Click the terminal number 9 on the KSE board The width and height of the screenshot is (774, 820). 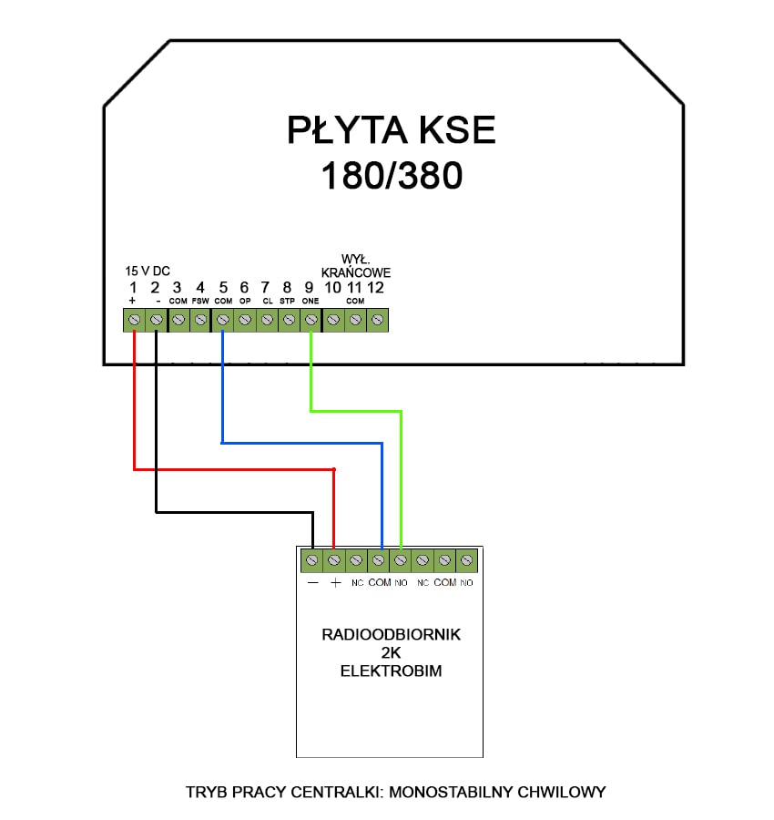(x=310, y=287)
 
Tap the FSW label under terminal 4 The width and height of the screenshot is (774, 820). (x=200, y=301)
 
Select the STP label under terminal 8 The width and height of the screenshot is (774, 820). (x=288, y=301)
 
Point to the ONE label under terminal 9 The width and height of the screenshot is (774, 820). (x=311, y=301)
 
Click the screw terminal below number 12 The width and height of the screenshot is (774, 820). (x=377, y=320)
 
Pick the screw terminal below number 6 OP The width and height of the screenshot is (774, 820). (x=245, y=320)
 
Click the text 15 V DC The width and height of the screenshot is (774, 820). (x=148, y=272)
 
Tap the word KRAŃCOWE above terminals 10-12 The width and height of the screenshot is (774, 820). (x=356, y=272)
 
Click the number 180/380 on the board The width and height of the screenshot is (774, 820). (x=392, y=176)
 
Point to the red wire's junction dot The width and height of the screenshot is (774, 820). (x=334, y=470)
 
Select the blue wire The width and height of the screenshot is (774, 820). (x=300, y=443)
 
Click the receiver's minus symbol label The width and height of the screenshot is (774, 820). (x=312, y=582)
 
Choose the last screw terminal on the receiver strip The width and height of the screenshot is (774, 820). (x=466, y=559)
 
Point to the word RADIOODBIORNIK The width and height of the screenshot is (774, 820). (x=391, y=634)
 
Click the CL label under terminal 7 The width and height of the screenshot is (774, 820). (x=267, y=301)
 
